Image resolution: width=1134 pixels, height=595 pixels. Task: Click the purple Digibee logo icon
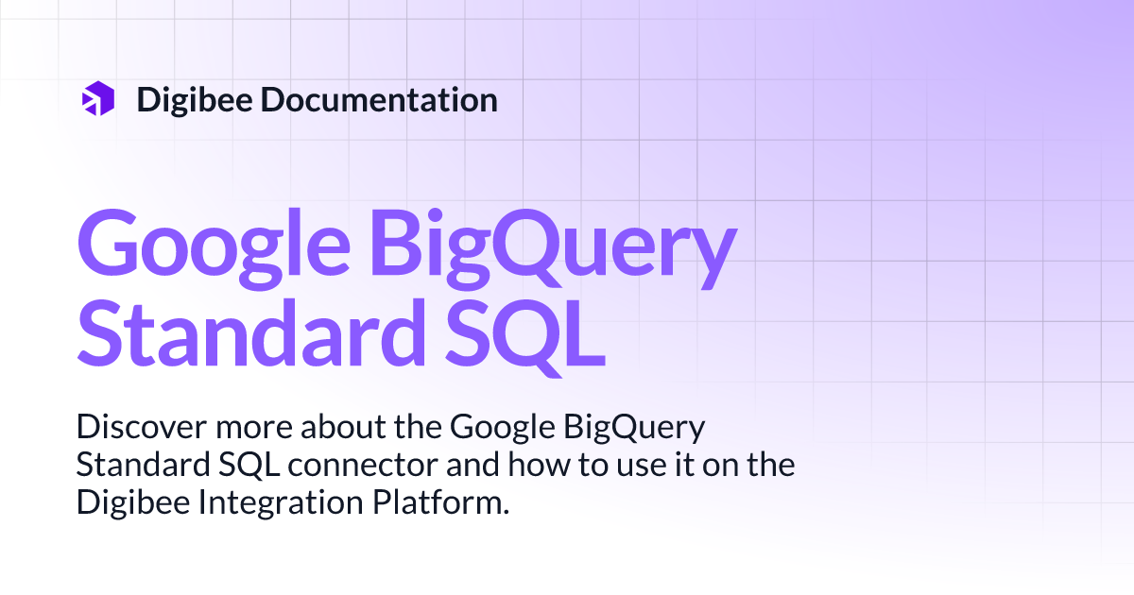97,98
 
